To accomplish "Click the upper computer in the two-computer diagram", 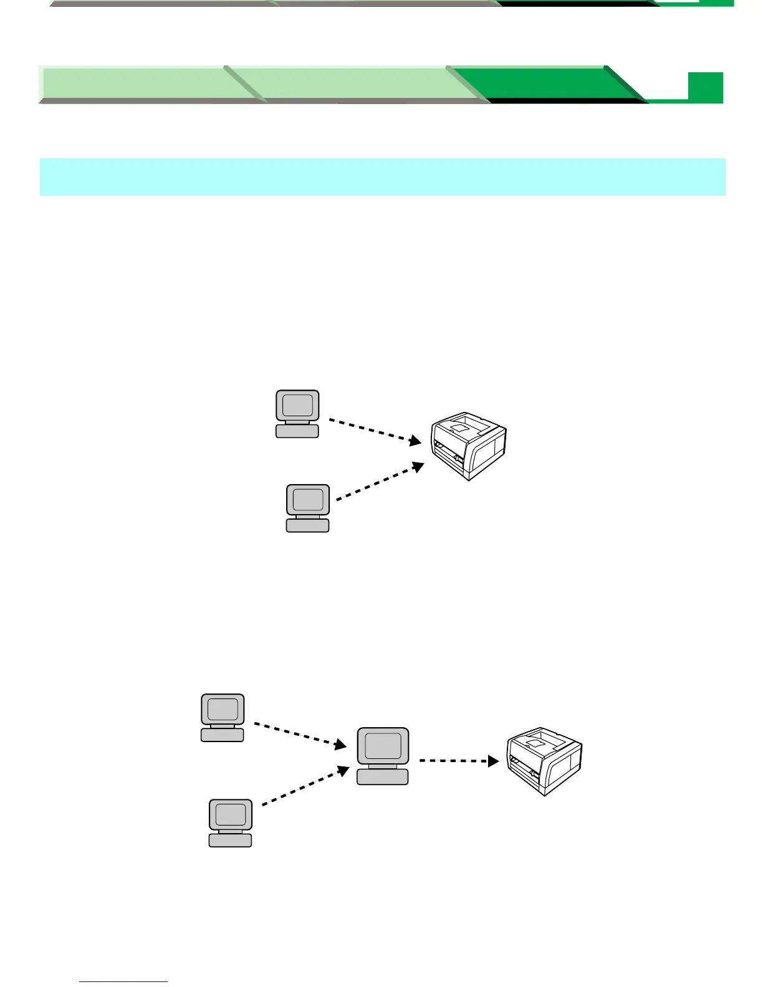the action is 297,413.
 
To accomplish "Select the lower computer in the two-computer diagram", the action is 307,508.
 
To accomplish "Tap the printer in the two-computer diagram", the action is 469,445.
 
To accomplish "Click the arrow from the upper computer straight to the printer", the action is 374,430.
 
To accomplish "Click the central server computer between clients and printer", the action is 383,755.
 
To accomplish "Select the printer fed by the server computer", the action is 544,761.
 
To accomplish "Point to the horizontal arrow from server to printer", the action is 458,761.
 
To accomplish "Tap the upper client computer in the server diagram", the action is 223,717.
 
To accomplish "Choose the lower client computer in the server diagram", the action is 230,822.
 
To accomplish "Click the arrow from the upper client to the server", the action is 299,735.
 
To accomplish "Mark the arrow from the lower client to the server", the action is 305,786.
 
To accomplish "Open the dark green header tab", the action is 549,83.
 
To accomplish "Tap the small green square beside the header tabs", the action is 706,87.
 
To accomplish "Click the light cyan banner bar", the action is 382,177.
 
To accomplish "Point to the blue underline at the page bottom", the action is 123,981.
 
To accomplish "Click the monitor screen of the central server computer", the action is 383,745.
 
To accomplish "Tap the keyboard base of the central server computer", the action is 383,776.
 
